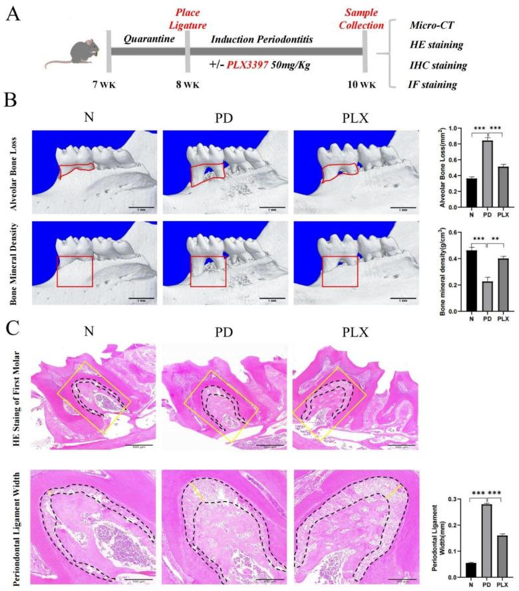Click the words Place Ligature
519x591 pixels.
[187, 17]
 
